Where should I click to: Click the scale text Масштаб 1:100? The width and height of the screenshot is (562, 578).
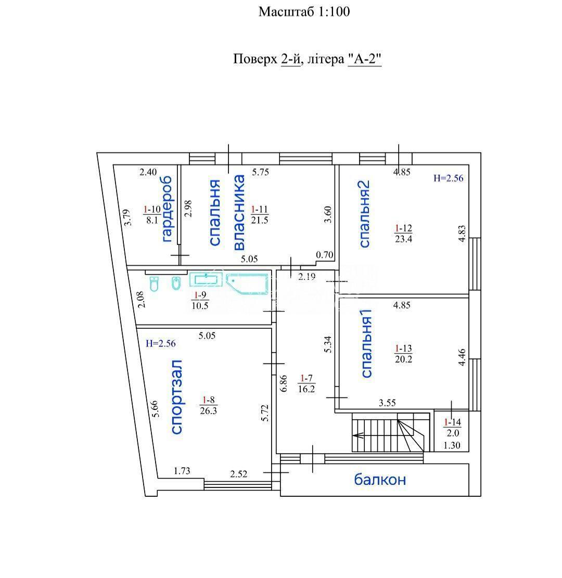tap(304, 12)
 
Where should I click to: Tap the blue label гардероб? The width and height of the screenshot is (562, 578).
tap(167, 209)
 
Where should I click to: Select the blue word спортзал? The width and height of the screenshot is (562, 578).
tap(176, 397)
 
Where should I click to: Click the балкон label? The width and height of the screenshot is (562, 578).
tap(380, 480)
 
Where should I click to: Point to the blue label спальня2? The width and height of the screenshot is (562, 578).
tap(364, 214)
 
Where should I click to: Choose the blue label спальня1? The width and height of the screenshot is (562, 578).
tap(366, 343)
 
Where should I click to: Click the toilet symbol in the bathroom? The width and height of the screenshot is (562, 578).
tap(154, 284)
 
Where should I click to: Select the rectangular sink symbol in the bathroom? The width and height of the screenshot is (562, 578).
tap(206, 280)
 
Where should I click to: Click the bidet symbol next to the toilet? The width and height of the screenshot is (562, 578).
tap(176, 282)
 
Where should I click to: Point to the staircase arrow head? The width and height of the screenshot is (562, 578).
tap(356, 435)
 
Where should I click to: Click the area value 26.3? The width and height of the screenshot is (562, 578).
tap(208, 410)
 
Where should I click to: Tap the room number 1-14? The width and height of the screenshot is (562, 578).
tap(453, 422)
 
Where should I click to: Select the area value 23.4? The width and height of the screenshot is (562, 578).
tap(403, 239)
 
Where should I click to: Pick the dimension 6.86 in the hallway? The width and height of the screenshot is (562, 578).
tap(283, 384)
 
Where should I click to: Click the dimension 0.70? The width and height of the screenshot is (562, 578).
tap(325, 255)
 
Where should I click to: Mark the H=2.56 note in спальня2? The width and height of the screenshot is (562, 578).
tap(448, 178)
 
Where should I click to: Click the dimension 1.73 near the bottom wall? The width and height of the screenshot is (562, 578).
tap(182, 471)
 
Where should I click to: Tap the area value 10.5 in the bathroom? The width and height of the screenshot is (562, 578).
tap(200, 305)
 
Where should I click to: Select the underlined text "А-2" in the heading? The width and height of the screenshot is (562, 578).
tap(364, 59)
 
